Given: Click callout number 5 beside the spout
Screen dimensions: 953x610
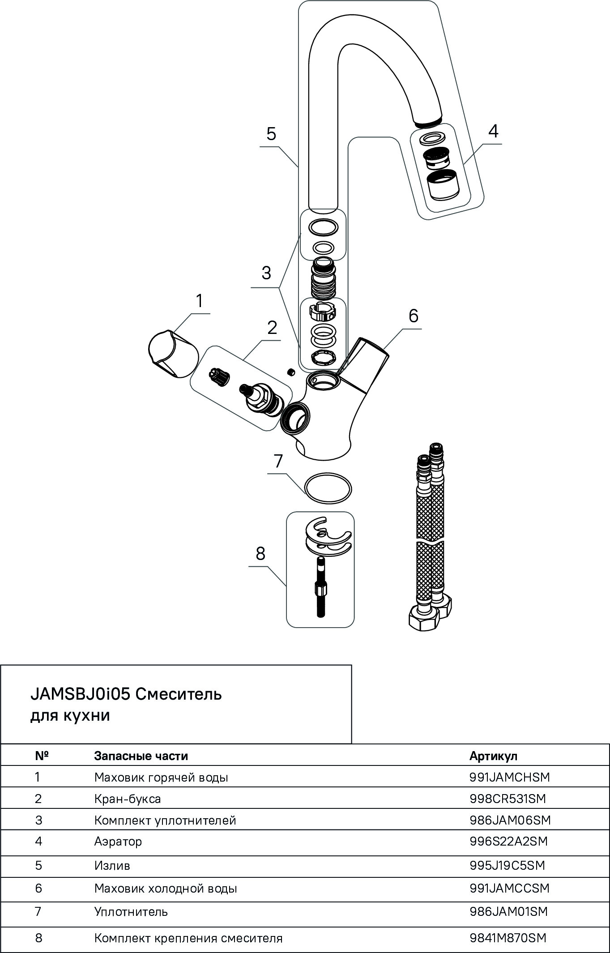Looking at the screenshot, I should tap(271, 134).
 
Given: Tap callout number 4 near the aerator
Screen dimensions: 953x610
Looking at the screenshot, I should tap(493, 131).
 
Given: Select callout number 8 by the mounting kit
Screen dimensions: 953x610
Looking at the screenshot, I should tap(260, 554).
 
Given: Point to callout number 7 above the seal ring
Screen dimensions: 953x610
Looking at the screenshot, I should tap(278, 461).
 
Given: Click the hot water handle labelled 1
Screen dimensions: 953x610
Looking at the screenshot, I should tap(173, 354).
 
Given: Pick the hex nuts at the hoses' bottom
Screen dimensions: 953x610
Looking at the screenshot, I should tap(429, 615).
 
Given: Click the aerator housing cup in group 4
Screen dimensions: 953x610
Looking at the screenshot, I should tap(443, 184).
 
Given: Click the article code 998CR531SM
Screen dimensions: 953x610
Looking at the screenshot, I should tap(508, 799).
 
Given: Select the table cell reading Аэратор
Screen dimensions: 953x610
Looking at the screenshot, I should tap(118, 841).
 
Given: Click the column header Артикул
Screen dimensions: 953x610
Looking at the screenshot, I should tap(493, 756).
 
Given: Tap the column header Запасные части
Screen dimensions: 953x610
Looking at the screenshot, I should tap(141, 756).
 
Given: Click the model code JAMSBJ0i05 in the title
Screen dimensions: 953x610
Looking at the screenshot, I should tap(80, 694).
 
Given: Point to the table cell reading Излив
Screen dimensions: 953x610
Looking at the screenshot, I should tap(112, 865).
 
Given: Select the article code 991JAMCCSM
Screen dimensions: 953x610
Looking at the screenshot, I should tap(509, 888).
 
